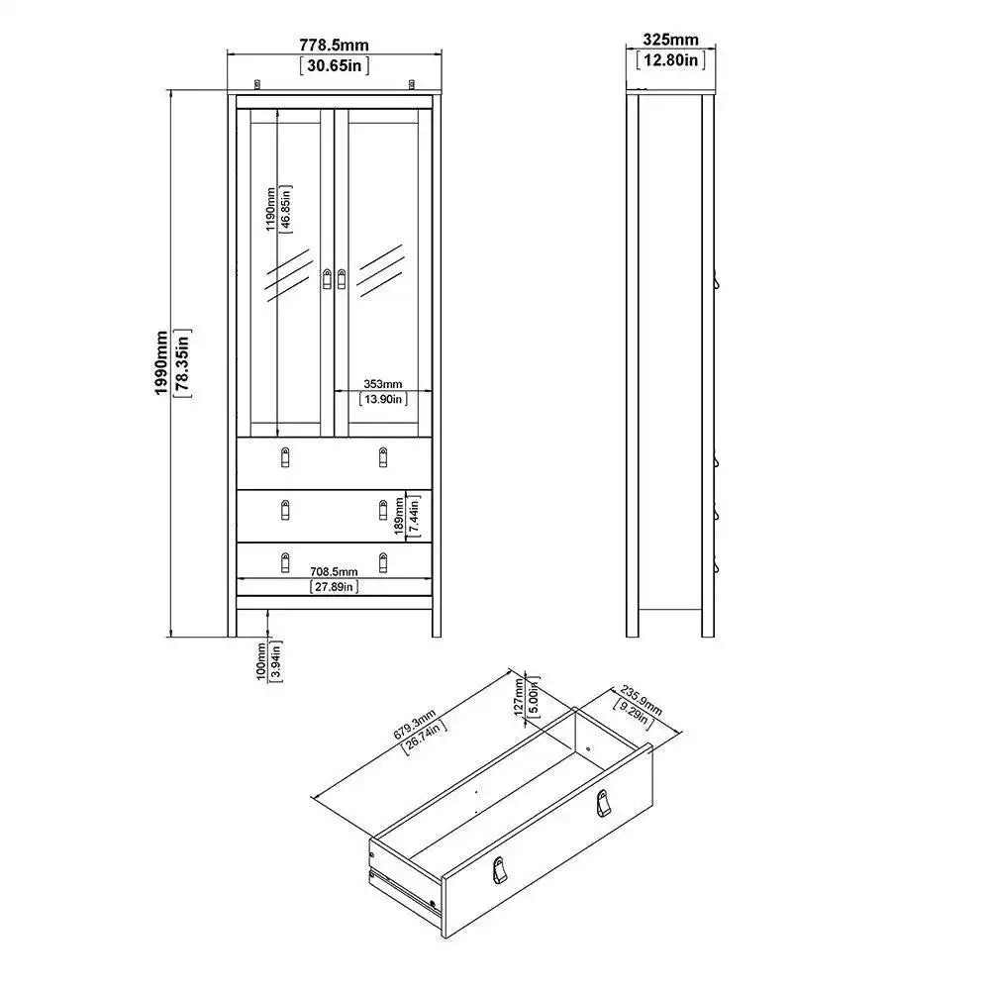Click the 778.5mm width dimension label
click(334, 45)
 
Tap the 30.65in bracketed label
click(334, 66)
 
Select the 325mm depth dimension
click(670, 40)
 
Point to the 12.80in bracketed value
click(670, 60)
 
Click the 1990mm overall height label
click(161, 363)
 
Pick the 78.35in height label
click(182, 363)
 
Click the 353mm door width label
click(381, 383)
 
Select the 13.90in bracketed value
click(381, 399)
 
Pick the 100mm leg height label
click(260, 659)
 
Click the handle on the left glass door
click(328, 280)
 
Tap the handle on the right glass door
click(343, 280)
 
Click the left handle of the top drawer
click(286, 457)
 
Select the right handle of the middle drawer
click(383, 511)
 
